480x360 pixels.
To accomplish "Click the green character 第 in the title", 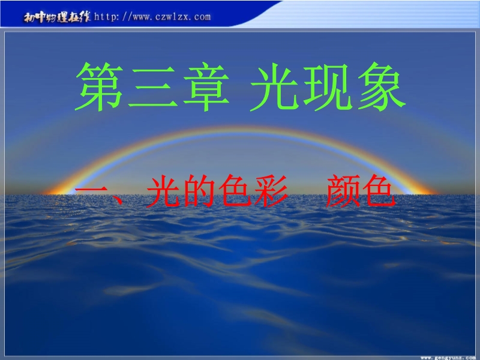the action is coord(99,86).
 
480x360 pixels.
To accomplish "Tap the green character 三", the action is coord(153,87).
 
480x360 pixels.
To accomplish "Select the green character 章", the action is coord(206,86).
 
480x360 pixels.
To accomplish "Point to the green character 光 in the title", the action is coord(274,86).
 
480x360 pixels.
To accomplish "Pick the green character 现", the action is coord(328,86).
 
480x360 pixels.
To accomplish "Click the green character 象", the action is coord(382,86).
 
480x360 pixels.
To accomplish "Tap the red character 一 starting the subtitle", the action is coord(91,190).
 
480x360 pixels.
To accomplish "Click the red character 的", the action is coord(199,191).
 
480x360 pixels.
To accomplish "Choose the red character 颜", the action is coord(343,191).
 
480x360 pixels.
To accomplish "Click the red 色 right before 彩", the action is coord(235,191).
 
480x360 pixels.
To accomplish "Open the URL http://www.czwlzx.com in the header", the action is coord(152,17).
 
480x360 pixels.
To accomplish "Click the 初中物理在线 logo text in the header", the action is coord(57,17).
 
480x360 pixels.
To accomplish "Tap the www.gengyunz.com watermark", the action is coord(448,358).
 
